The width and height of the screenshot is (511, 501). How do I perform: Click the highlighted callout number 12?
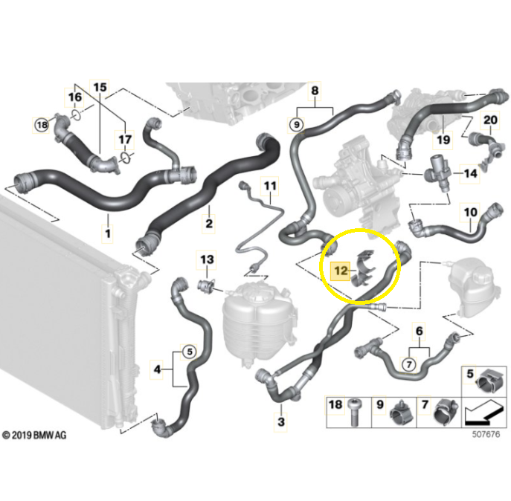coord(341,271)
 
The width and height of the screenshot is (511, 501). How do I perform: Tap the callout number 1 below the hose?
coord(108,233)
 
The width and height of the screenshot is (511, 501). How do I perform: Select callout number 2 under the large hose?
coord(209,224)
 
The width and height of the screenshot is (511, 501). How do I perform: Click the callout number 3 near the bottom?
coord(281,422)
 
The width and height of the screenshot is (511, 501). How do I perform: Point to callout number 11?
coord(270,186)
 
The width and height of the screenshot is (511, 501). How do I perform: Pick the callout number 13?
coord(207,259)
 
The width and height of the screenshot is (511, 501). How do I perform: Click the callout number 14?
coord(470,174)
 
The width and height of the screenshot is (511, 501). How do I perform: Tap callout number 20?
coord(490,120)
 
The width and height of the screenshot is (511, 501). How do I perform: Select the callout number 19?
coord(443,140)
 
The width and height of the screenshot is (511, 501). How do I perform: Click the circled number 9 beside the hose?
coord(296,125)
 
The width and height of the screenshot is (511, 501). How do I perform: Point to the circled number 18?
coord(42,125)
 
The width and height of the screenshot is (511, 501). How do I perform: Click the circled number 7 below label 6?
coord(409,364)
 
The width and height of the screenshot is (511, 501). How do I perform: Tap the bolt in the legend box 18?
coord(354,411)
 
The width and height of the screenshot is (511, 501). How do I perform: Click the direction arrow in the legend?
coord(483,413)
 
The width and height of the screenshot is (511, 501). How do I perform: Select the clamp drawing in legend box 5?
coord(488,381)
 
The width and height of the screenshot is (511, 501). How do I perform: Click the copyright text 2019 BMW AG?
coord(34,435)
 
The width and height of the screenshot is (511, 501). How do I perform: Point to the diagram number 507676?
coord(486,434)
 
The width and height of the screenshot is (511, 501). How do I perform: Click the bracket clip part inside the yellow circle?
coord(364,269)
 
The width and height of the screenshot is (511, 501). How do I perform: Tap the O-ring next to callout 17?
coord(126,158)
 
